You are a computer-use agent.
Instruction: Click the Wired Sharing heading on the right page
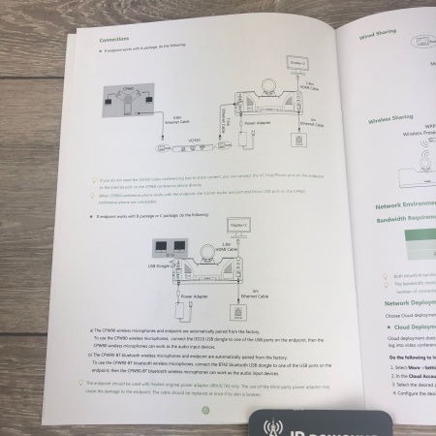381,36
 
